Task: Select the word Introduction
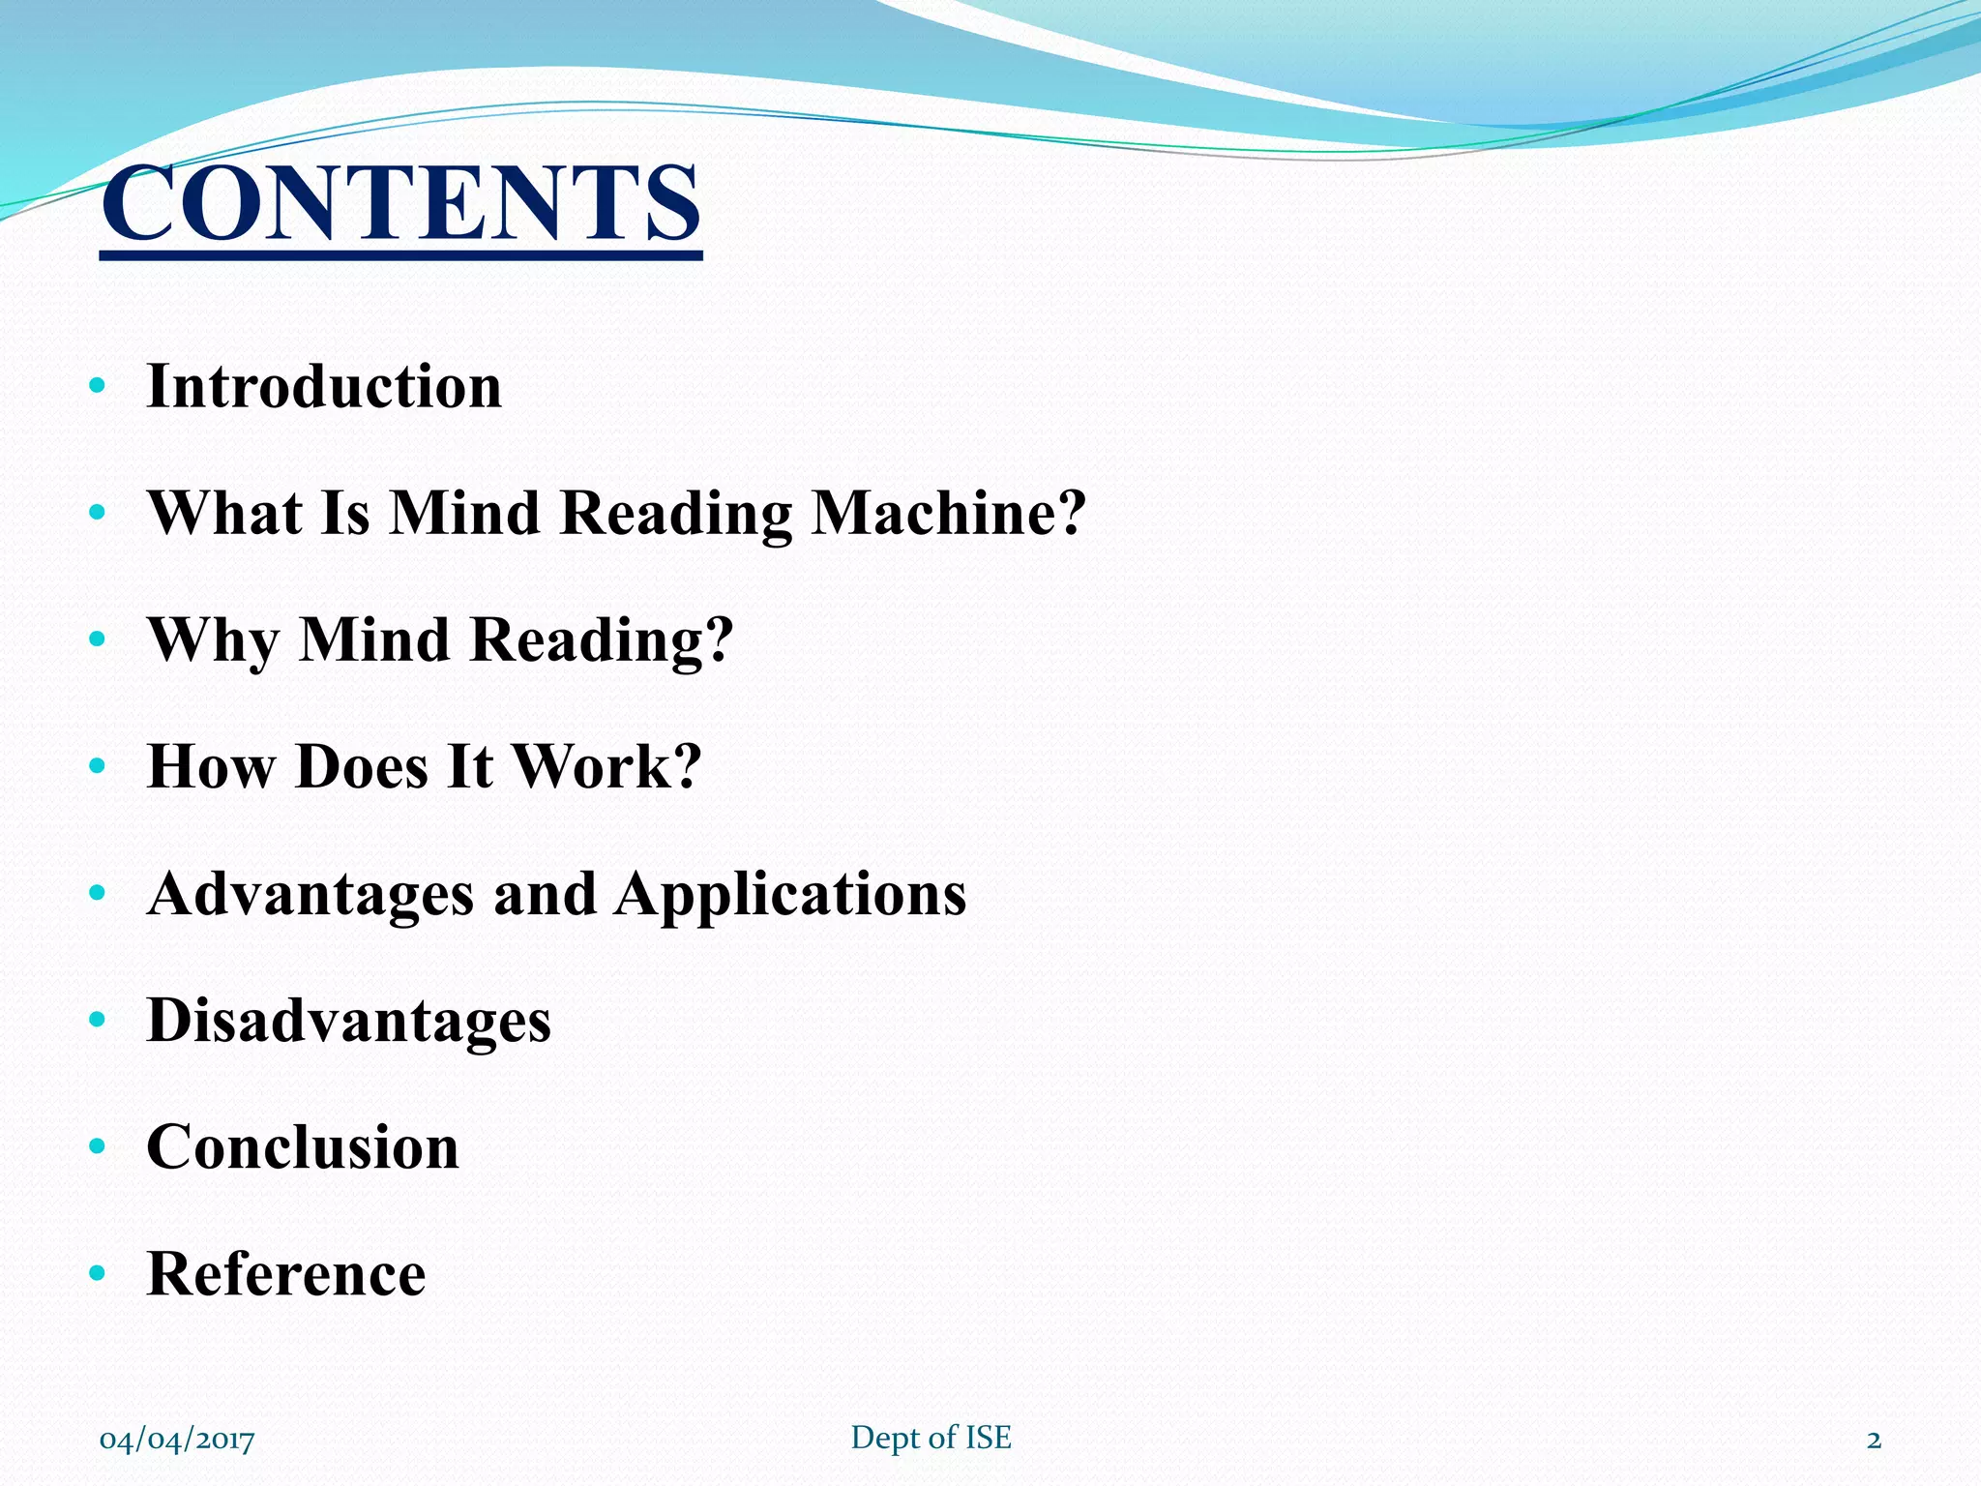(324, 387)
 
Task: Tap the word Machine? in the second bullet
(949, 513)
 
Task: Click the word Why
(212, 640)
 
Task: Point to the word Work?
(606, 766)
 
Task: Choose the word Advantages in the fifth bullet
(310, 894)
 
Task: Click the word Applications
(790, 894)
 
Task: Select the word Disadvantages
(348, 1021)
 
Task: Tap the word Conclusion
(303, 1147)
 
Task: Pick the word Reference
(286, 1274)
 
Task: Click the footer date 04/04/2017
(177, 1440)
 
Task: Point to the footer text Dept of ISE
(931, 1438)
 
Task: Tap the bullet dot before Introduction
(96, 387)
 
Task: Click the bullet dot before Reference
(96, 1274)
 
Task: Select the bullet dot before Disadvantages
(96, 1021)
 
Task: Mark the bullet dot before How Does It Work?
(96, 767)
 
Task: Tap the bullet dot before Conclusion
(96, 1147)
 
